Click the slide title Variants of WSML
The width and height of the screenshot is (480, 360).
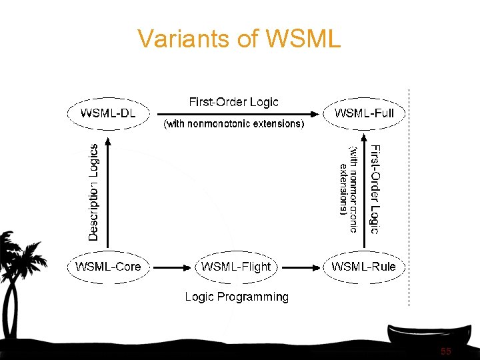coord(239,39)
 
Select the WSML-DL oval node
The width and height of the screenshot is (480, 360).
coord(108,113)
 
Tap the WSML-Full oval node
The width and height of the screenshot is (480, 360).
coord(364,113)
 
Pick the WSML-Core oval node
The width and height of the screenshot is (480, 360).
coord(108,267)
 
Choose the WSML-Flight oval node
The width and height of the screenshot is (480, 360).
coord(236,267)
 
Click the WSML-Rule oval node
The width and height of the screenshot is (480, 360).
coord(364,267)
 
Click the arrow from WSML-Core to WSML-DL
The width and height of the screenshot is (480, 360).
coord(108,193)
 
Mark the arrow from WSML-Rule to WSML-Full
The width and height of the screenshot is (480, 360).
coord(365,193)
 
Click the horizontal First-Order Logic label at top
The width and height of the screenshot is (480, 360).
coord(233,102)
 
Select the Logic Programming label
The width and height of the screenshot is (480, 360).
coord(237,297)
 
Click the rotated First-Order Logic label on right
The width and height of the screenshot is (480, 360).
coord(375,189)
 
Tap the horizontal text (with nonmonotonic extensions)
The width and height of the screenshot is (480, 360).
coord(233,124)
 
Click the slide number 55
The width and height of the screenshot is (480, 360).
coord(445,351)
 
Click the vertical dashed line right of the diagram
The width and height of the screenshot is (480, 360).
coord(408,200)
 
